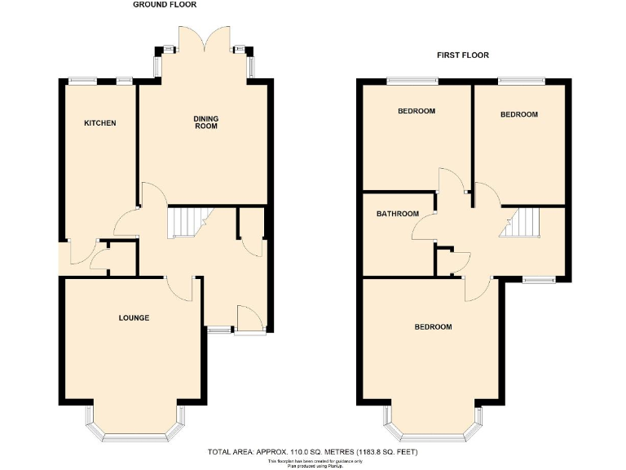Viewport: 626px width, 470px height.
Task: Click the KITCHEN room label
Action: [100, 123]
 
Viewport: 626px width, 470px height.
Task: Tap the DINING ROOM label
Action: [205, 123]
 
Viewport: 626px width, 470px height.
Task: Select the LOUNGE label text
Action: [133, 317]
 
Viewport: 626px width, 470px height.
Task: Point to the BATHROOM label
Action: [397, 214]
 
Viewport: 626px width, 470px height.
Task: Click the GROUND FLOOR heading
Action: [163, 5]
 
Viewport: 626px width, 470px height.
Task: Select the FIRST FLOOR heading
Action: [461, 55]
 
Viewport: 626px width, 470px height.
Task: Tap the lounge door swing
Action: [179, 287]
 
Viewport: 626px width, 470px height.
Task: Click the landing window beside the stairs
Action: [538, 280]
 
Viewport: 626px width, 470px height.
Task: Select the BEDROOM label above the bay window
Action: [433, 326]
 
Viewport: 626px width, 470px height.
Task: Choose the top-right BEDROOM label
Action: [519, 114]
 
